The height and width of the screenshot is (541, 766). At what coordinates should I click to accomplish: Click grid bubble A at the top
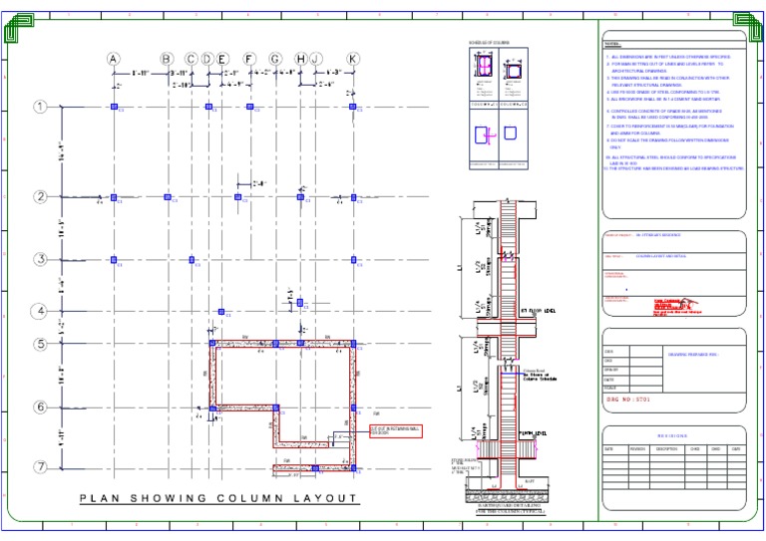coord(114,59)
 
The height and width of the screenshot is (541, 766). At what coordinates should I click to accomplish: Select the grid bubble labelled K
coord(353,59)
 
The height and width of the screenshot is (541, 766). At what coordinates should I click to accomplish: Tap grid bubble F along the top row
coord(249,59)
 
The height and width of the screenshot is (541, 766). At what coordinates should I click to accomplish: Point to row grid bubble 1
coord(41,107)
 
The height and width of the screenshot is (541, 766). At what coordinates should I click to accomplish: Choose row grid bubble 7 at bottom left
coord(41,467)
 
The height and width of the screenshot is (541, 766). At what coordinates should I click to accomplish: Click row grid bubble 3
coord(41,260)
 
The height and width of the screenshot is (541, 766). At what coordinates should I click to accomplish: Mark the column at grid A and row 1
coord(114,107)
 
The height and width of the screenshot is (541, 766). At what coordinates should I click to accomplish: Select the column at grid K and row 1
coord(353,107)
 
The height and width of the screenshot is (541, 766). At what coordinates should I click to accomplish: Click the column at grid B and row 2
coord(167,197)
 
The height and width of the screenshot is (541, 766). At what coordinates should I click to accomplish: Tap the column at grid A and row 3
coord(114,260)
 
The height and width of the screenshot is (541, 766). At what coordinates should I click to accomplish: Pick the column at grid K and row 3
coord(353,260)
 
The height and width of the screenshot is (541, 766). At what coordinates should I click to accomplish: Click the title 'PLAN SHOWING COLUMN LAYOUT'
coord(218,499)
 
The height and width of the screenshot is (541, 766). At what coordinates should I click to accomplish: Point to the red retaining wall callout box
coord(396,430)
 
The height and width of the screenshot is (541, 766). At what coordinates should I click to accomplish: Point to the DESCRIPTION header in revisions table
coord(666,449)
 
